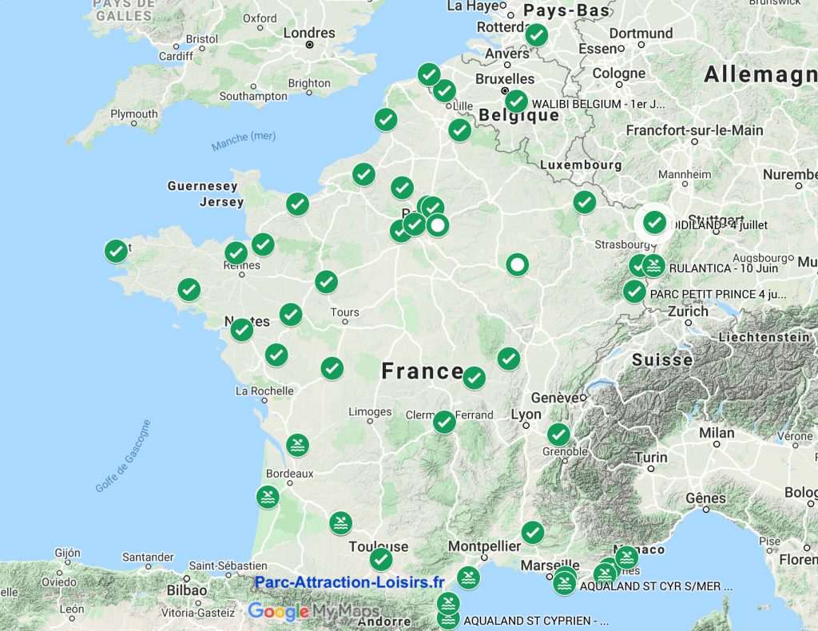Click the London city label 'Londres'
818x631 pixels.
point(309,34)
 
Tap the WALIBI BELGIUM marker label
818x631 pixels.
point(598,104)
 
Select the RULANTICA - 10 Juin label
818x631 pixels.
point(712,268)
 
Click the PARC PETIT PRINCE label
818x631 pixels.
point(718,294)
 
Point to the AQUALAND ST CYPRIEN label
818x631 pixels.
point(536,620)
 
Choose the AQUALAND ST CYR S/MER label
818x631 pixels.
point(656,585)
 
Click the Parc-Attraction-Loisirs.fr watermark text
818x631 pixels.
point(349,582)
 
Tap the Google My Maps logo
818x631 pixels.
point(313,611)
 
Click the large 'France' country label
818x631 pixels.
point(422,371)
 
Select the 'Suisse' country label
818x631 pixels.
point(662,360)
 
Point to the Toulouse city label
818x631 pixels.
point(379,547)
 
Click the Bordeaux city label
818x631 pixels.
point(290,474)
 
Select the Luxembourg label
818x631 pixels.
point(581,165)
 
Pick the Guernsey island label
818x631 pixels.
point(202,186)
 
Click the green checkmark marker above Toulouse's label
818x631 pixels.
point(381,559)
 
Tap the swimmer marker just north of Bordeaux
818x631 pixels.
point(297,446)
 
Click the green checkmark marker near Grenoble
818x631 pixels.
point(558,435)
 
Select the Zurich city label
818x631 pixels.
point(689,312)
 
